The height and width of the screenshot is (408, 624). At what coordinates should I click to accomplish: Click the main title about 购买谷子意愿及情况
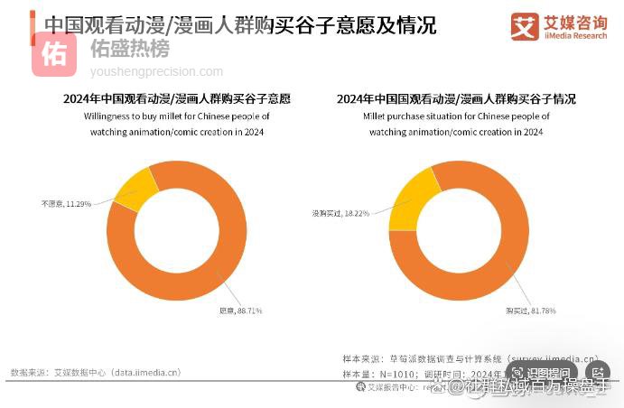point(240,24)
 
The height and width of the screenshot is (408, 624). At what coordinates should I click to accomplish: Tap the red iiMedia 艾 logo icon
point(524,26)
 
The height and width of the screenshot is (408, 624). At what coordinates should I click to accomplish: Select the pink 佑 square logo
point(54,54)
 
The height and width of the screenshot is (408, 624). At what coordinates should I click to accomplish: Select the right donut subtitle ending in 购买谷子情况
point(456,99)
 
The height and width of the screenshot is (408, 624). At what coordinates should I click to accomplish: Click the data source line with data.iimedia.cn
point(96,372)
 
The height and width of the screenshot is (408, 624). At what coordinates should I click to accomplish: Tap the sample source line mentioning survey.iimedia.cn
point(470,357)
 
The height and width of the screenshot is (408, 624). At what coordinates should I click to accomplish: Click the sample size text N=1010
point(376,373)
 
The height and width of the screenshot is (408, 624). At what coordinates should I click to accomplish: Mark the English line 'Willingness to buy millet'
point(177,116)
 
